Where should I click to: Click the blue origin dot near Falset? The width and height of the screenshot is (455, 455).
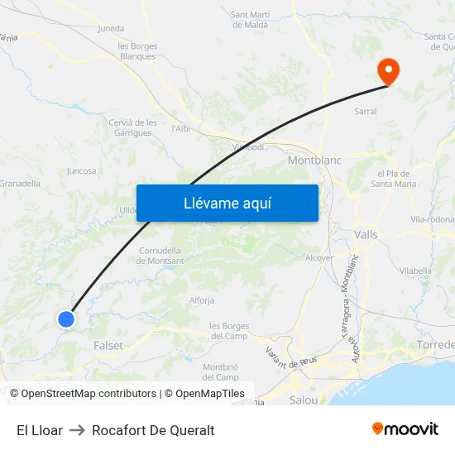point(66,318)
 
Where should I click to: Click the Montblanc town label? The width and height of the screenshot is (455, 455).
point(314,160)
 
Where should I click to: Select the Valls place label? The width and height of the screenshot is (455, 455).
point(365,235)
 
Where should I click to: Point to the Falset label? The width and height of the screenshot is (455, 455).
point(108,346)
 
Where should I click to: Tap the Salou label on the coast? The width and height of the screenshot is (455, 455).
point(304,400)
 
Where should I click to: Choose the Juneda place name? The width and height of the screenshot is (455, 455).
point(111,28)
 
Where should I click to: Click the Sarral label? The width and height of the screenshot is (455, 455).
point(365,111)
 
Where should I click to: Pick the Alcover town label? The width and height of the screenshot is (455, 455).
point(319,258)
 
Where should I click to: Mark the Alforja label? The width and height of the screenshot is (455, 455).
point(202,300)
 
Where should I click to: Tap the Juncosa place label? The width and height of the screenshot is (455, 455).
point(81,171)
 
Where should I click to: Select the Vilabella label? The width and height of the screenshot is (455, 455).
point(415,271)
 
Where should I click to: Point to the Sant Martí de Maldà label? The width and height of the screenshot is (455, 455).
point(249,19)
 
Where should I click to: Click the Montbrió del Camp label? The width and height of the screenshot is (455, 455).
point(220,371)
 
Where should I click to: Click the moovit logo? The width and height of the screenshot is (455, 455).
point(405,429)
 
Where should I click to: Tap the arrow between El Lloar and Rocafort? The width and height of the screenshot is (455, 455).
point(77,430)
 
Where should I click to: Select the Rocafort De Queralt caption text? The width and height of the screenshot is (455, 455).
point(153,430)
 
